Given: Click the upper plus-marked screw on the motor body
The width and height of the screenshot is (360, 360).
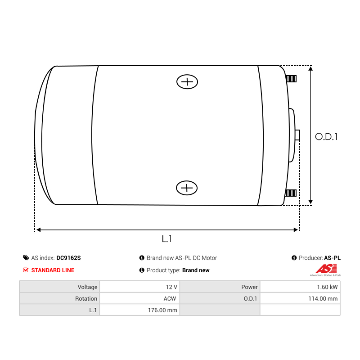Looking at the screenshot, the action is point(187,82).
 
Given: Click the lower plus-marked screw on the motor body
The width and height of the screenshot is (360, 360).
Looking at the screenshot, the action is point(187,188).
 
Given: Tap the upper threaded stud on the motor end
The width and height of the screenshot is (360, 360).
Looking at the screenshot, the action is point(291,79).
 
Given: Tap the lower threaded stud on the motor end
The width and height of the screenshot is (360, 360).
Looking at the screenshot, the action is point(291,193).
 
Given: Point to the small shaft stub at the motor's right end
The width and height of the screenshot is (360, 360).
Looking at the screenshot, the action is point(297,135).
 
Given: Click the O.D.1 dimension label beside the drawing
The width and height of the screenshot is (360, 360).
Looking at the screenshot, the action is point(326,137).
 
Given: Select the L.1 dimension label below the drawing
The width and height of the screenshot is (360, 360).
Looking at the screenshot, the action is point(166,239).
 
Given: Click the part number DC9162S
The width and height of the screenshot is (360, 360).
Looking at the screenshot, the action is point(69,258).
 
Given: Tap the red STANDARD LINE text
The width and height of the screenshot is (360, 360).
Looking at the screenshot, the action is point(53,270).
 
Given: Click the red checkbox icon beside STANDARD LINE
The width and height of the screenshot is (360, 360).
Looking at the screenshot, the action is point(26,270).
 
